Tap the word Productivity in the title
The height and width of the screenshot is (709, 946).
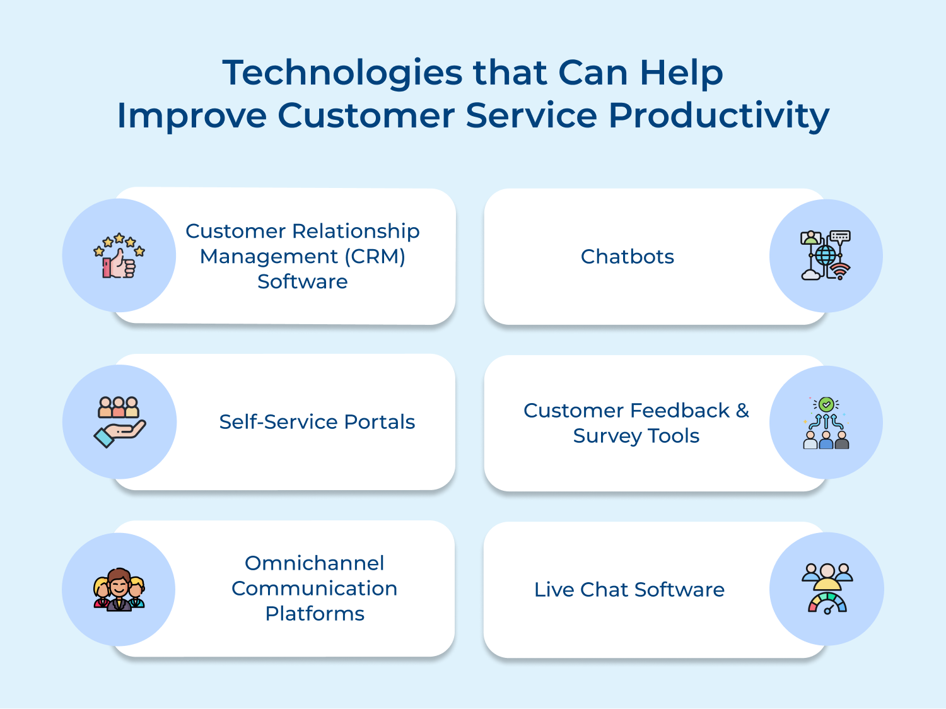[718, 116]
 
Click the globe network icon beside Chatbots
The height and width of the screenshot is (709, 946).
[826, 255]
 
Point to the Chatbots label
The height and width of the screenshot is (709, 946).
[627, 257]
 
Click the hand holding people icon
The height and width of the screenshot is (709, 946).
[119, 422]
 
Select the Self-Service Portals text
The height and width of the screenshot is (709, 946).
[317, 422]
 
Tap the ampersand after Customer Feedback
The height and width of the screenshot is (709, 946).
[742, 411]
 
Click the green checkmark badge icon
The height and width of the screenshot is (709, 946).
[826, 404]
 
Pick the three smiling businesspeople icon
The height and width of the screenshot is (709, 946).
[119, 589]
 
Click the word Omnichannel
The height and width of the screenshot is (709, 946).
[314, 563]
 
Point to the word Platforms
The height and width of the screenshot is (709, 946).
[314, 614]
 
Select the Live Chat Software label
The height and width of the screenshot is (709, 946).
[629, 590]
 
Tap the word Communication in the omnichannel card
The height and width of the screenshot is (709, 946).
[314, 589]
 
